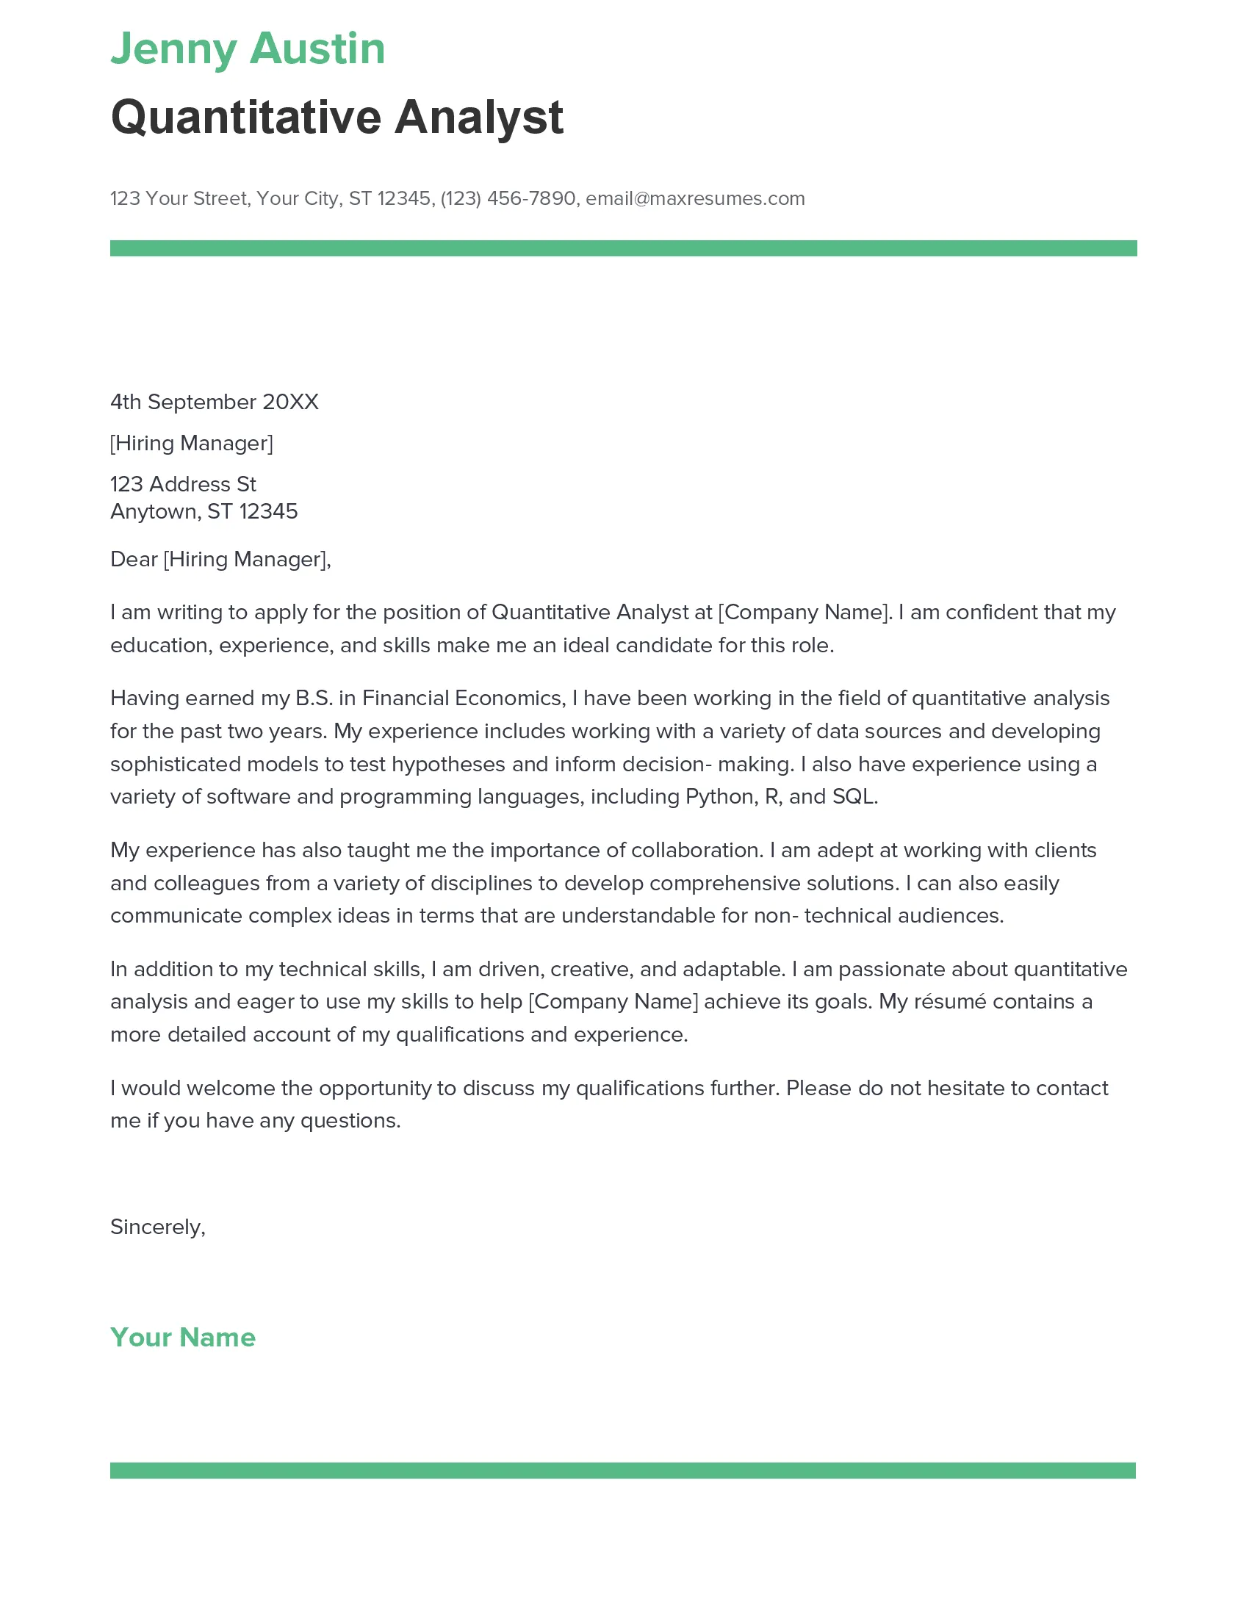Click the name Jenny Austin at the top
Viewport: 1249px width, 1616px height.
(248, 49)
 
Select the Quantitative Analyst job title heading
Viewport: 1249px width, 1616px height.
(336, 118)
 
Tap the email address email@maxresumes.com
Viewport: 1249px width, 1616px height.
(695, 198)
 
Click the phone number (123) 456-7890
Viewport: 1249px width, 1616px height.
(508, 198)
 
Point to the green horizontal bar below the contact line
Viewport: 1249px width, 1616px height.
(623, 248)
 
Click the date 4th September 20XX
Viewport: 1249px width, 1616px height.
(215, 402)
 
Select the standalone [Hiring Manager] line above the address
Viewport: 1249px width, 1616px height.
(192, 443)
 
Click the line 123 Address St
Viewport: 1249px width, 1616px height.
(183, 484)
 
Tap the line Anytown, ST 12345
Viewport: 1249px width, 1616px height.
(204, 511)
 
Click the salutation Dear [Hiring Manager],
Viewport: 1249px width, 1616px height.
(220, 560)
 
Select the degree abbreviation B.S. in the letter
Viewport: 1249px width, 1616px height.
(314, 699)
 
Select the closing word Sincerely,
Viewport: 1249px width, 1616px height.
(158, 1227)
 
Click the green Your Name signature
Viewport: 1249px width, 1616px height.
(183, 1338)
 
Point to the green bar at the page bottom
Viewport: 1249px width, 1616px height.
(623, 1471)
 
